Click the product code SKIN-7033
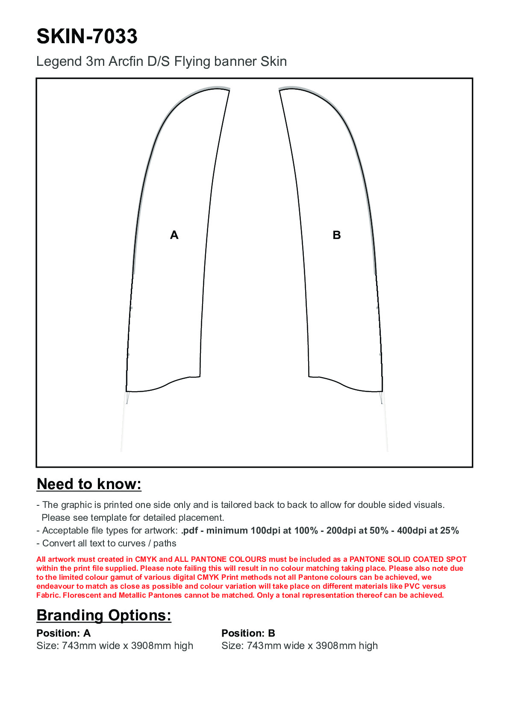coord(87,36)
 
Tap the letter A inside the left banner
coord(174,235)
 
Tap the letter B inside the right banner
coord(337,235)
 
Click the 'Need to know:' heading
coord(89,484)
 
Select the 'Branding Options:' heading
coord(104,615)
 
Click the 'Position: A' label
coord(64,633)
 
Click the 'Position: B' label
coord(248,633)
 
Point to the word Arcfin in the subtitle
coord(126,62)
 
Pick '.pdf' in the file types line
coord(189,531)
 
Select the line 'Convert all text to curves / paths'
coord(109,543)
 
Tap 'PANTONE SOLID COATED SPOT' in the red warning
coord(408,559)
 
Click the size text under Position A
coord(115,646)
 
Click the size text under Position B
coord(300,646)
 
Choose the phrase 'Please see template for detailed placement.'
coord(133,518)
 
